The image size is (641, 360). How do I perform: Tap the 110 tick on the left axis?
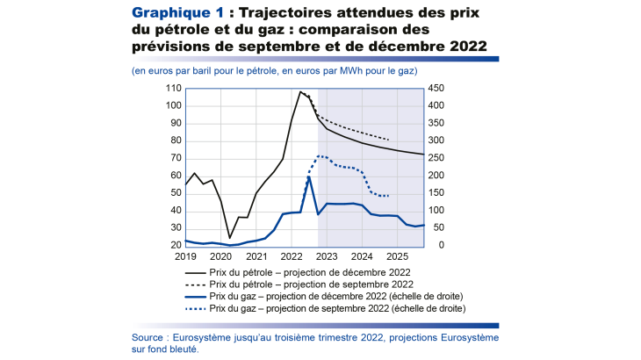pos(172,88)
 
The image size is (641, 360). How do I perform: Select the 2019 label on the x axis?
pos(185,256)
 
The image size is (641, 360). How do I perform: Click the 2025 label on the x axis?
pos(396,256)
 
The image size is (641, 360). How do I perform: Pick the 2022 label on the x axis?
pos(291,256)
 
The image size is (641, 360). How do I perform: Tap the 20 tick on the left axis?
pos(175,245)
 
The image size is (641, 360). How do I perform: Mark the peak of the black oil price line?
pos(300,91)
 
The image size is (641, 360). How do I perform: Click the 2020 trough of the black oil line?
pos(230,238)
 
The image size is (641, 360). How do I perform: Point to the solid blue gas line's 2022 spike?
pos(309,176)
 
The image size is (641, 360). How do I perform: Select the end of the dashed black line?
pos(389,140)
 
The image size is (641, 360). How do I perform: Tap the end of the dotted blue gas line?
pos(389,196)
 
